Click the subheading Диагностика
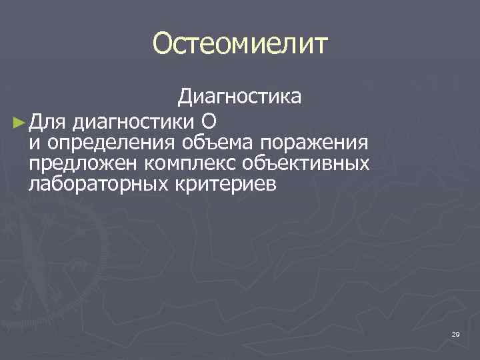pyautogui.click(x=239, y=97)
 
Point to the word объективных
pyautogui.click(x=310, y=163)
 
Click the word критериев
pyautogui.click(x=220, y=184)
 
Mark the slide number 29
pyautogui.click(x=455, y=334)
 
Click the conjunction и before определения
pyautogui.click(x=34, y=143)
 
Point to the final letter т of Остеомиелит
pyautogui.click(x=321, y=45)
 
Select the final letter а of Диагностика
pyautogui.click(x=295, y=98)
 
